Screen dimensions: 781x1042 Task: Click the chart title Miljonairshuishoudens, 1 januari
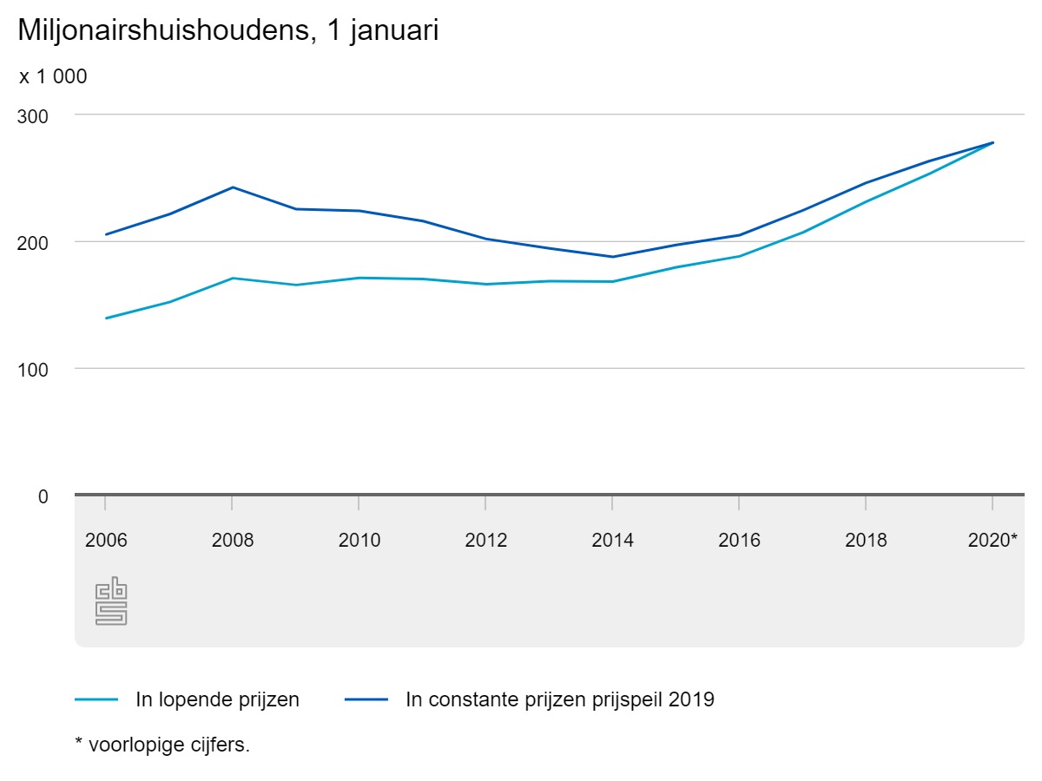[228, 31]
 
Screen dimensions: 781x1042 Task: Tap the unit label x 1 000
[53, 76]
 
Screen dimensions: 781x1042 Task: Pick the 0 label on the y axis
[43, 496]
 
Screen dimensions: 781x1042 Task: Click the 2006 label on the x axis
[106, 540]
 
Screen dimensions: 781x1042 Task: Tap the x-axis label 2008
[233, 540]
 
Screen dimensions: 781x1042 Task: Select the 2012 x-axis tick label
[486, 540]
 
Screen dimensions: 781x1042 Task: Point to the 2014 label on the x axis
[613, 540]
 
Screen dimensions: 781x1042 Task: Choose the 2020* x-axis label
[993, 540]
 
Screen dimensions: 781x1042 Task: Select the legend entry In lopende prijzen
[217, 699]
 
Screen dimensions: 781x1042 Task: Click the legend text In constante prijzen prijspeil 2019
[559, 699]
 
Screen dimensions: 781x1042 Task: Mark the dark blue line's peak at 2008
[233, 187]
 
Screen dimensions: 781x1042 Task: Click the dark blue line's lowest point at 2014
[613, 257]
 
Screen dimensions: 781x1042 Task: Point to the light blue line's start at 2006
[106, 318]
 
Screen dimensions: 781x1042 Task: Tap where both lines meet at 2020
[993, 142]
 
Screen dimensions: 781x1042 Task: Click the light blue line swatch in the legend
[96, 699]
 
